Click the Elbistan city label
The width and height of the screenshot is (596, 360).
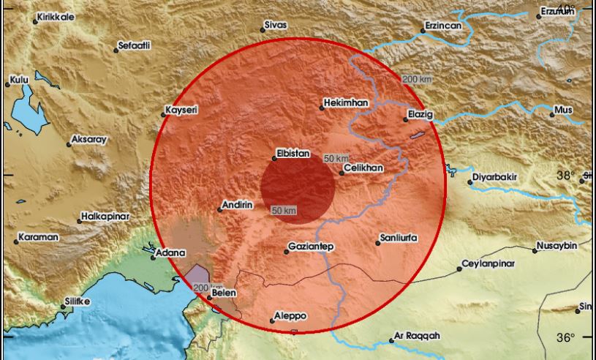click(293, 154)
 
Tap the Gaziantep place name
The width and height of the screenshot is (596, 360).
click(311, 247)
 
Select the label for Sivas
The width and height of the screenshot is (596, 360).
click(275, 25)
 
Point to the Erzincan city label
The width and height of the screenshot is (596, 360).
click(443, 26)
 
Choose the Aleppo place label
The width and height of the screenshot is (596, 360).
click(290, 316)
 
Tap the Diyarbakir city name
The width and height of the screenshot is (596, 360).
click(494, 177)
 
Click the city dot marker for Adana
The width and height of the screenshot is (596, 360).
click(153, 256)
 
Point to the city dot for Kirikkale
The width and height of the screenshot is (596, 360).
click(35, 22)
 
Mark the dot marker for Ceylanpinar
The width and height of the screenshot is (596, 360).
click(459, 269)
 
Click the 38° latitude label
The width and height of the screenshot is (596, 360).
click(566, 176)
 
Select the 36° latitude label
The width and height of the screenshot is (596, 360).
click(566, 337)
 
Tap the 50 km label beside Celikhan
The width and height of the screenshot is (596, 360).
click(336, 159)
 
